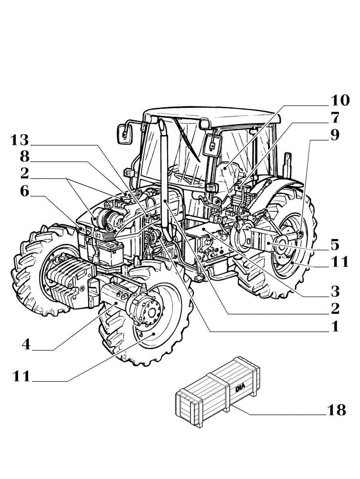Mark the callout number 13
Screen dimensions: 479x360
point(21,141)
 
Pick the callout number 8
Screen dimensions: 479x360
point(25,158)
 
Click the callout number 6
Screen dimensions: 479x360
point(25,191)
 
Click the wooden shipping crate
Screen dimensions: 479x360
point(218,390)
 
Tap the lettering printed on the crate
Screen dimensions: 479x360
point(239,387)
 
